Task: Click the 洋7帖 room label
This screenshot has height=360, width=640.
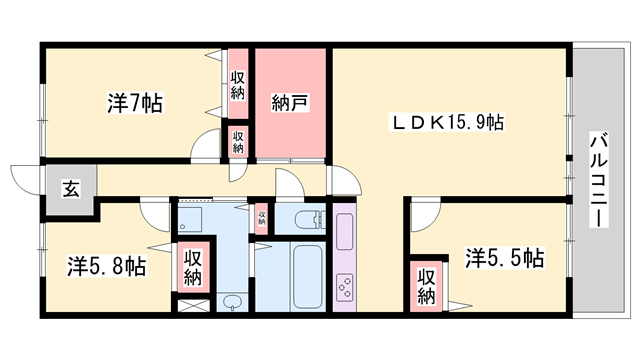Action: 135,103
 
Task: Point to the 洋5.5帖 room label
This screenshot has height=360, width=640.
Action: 504,258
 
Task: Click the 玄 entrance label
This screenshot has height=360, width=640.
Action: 71,187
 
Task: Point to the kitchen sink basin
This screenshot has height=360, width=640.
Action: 344,231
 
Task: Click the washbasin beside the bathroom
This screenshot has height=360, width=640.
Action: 232,302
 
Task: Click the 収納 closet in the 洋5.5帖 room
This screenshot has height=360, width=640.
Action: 427,286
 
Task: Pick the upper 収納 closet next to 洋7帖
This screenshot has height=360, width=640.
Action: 237,85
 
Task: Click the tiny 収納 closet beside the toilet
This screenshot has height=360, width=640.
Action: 261,218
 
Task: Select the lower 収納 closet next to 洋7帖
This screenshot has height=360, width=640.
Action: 237,140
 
